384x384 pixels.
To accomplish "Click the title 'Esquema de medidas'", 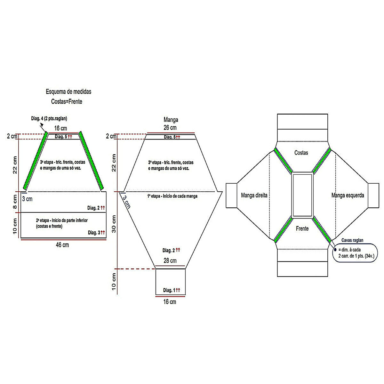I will click(68, 92).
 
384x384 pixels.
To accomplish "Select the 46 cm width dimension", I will click(62, 245).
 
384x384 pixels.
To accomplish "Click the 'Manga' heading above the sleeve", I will click(171, 120).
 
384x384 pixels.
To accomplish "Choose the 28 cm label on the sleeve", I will click(170, 261).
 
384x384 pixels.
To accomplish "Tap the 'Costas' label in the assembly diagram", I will click(301, 153).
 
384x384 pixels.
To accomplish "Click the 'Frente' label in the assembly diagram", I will click(302, 229).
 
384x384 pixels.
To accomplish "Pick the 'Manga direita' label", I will click(254, 195).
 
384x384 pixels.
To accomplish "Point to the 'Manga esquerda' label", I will click(348, 195).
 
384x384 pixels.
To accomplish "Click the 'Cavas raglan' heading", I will click(352, 240).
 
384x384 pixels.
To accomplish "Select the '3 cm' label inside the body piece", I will click(28, 199).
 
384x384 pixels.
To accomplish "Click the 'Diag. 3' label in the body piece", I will click(96, 233).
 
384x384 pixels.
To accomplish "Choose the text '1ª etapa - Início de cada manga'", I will click(172, 196).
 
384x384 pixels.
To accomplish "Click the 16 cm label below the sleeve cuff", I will click(170, 302).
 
